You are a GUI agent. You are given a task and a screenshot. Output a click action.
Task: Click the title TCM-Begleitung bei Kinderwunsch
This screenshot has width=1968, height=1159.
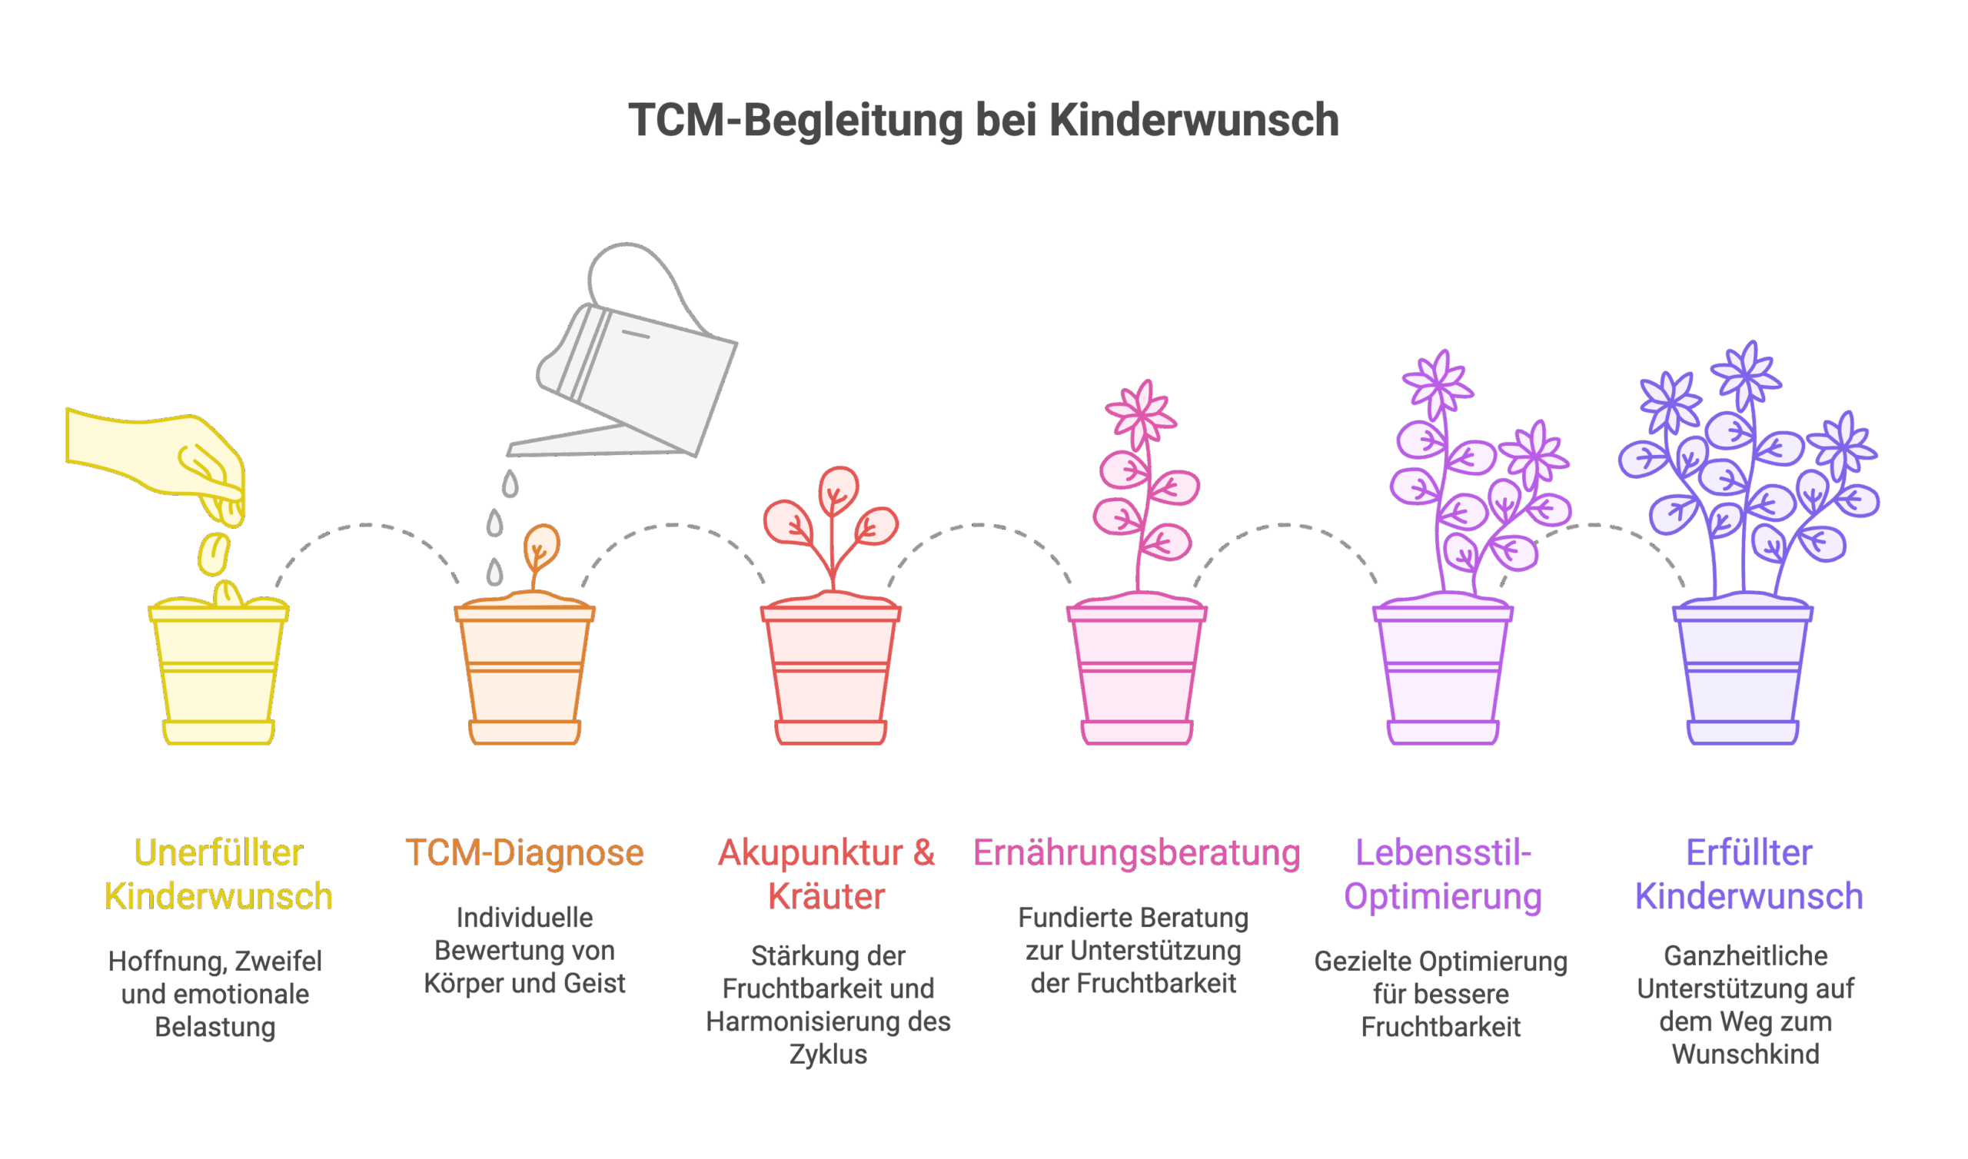pos(983,121)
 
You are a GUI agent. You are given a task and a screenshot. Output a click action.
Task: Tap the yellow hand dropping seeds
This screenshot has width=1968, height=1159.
pos(156,453)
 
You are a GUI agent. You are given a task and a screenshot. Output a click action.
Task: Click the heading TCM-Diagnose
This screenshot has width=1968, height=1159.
pos(525,853)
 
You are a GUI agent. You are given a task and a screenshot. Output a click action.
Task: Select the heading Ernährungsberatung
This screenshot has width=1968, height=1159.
pos(1137,853)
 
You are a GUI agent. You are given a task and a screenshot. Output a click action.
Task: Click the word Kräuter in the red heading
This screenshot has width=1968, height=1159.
pos(827,897)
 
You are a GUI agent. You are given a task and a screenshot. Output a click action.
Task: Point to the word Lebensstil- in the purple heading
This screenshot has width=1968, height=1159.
pos(1443,853)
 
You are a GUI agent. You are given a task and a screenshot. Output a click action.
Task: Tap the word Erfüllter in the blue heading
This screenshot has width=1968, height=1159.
pos(1750,853)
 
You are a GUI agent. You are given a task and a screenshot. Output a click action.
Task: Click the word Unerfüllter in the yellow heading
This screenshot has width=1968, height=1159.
pos(218,853)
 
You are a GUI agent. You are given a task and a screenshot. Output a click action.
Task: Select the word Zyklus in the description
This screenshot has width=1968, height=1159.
pos(828,1055)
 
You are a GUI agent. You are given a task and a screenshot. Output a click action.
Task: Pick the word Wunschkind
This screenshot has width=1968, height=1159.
pos(1745,1055)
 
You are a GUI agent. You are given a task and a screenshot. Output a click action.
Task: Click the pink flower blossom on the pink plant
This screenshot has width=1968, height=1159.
pos(1142,413)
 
